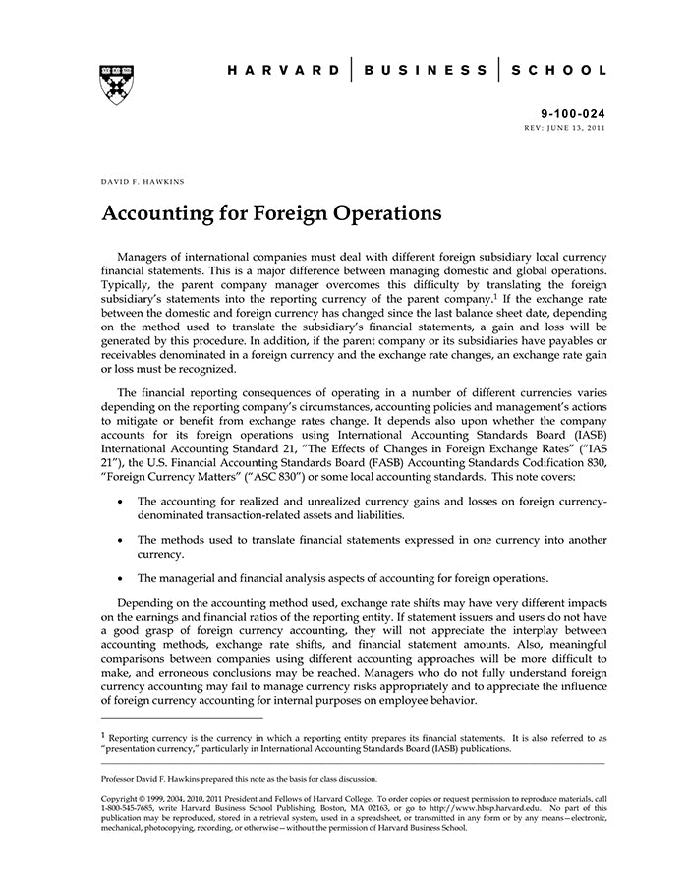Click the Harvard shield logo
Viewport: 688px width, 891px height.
point(118,84)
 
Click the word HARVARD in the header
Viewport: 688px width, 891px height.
point(284,70)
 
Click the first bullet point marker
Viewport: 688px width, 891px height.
point(120,502)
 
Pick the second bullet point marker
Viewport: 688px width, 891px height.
point(120,540)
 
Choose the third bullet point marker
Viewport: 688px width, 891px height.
point(120,578)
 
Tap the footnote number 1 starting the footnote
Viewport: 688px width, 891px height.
point(103,733)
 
